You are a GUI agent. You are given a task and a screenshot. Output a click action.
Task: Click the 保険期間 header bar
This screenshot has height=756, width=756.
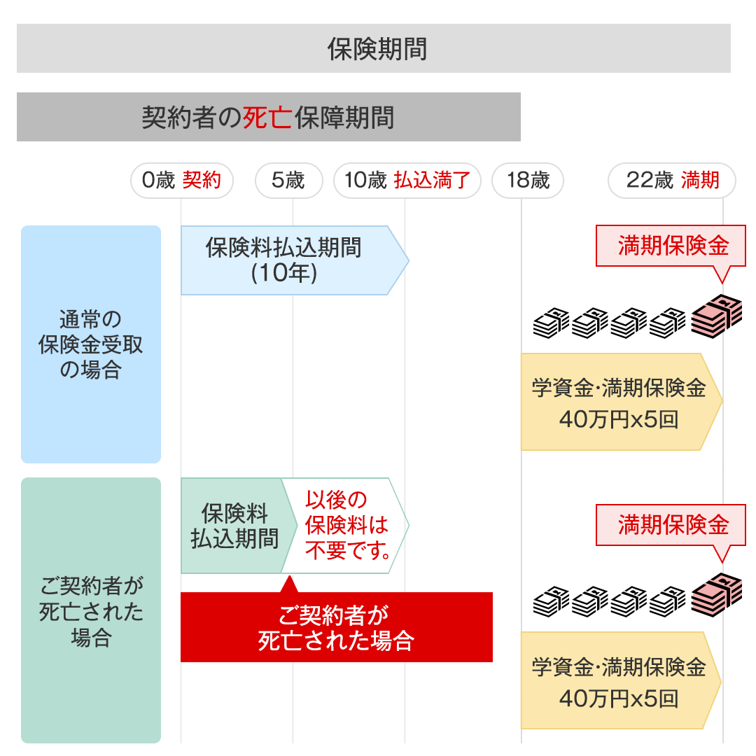(x=374, y=48)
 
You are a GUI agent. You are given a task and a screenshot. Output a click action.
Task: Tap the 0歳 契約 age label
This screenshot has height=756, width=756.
(x=181, y=181)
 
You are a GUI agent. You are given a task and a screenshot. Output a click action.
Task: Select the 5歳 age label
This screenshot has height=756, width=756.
(x=288, y=181)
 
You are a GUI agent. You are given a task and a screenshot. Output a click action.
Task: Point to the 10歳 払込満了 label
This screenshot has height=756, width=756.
(x=407, y=181)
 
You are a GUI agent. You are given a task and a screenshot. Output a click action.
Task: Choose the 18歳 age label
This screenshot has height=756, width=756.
(x=527, y=181)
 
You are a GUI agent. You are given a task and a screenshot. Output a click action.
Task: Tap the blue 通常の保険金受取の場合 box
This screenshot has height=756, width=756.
(x=91, y=344)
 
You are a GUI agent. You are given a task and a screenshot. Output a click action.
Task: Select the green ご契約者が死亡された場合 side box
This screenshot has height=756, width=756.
(x=91, y=610)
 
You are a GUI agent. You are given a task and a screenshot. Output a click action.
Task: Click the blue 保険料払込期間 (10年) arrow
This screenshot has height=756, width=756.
(x=287, y=260)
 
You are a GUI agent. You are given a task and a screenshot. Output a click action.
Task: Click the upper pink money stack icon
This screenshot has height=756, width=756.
(x=717, y=315)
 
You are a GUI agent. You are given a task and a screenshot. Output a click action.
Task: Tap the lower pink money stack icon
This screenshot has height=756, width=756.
(x=717, y=594)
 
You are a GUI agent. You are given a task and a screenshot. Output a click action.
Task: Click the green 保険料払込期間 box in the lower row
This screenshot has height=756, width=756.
(x=232, y=526)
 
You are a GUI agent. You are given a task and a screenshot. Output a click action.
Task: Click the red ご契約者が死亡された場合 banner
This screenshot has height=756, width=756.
(x=336, y=627)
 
